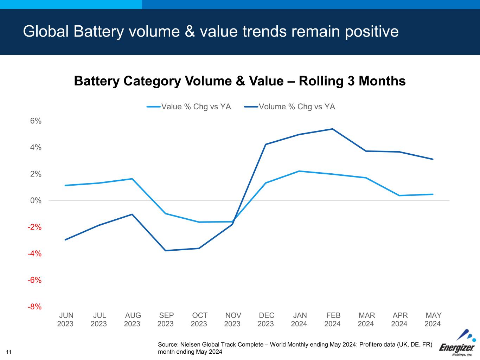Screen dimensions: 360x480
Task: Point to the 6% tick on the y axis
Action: point(36,121)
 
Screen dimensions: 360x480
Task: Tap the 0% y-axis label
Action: point(36,201)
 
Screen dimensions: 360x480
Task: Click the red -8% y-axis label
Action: point(35,307)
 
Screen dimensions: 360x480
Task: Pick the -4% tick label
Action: point(35,254)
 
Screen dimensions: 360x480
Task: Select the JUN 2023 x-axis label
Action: point(66,320)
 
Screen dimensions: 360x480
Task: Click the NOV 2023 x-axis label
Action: point(233,320)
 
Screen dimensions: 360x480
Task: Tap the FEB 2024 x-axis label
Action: point(333,320)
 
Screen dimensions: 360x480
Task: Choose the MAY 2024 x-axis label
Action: point(433,320)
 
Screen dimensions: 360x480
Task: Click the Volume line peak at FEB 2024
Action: point(332,129)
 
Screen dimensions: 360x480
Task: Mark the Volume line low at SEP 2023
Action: point(165,251)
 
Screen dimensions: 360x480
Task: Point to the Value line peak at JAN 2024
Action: point(299,171)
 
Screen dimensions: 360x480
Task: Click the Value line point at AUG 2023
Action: point(132,179)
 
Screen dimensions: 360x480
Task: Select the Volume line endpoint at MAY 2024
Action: point(433,159)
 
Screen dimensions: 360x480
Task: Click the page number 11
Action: point(9,352)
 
